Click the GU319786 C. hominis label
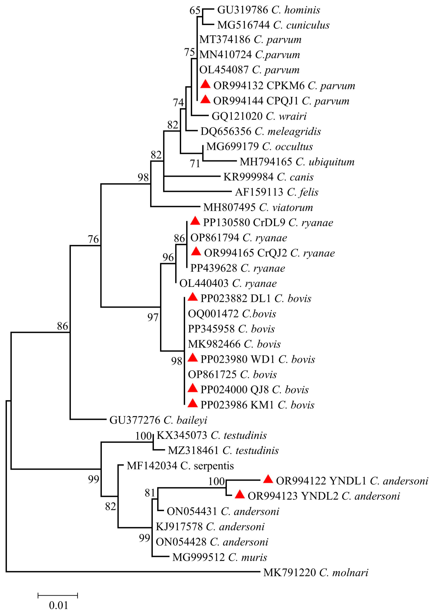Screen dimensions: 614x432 (x=268, y=10)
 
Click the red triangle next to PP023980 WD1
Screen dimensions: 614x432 (x=192, y=358)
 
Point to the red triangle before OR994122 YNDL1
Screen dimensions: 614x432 (x=268, y=479)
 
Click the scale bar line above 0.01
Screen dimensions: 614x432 (x=58, y=595)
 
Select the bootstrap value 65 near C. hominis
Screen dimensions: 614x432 (x=195, y=10)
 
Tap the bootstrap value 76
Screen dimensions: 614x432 (x=93, y=239)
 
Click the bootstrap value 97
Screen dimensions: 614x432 (x=153, y=317)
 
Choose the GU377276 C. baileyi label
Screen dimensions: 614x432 (x=158, y=420)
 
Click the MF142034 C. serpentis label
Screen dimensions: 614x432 (x=180, y=466)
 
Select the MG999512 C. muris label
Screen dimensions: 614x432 (x=220, y=557)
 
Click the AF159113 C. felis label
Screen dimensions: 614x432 (x=277, y=192)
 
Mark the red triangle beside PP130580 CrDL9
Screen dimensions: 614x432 (x=195, y=221)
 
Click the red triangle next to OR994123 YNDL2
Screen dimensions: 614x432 (x=240, y=494)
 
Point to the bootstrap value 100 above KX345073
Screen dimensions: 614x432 (x=144, y=436)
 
